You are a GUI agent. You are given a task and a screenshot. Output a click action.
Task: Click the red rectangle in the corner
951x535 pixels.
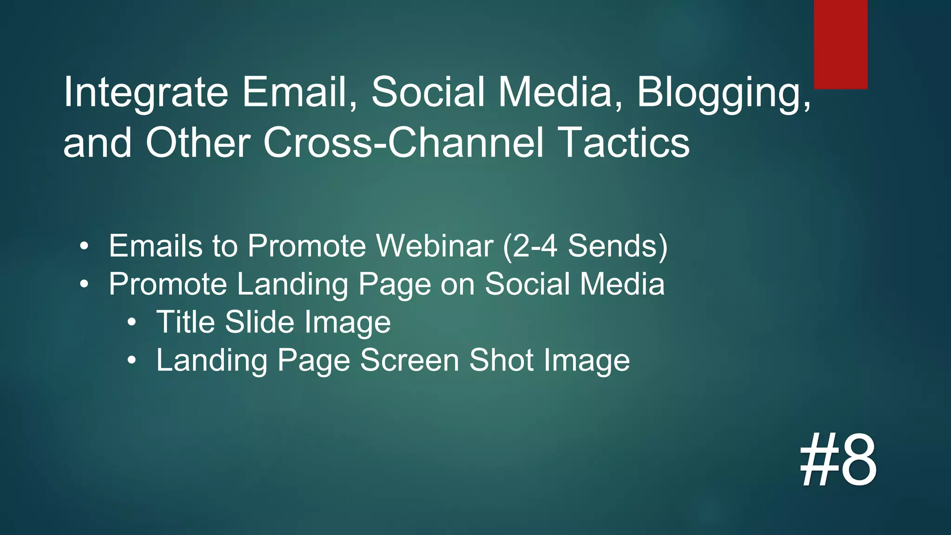point(840,44)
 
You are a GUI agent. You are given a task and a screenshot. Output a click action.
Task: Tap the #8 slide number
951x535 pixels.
point(839,459)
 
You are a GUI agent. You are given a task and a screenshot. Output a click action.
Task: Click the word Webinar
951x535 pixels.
point(435,246)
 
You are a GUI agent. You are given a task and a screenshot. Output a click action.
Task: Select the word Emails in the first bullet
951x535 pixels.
point(156,246)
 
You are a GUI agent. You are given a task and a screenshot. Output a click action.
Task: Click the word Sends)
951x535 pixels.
point(618,246)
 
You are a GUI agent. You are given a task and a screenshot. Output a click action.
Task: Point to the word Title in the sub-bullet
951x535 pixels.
point(185,322)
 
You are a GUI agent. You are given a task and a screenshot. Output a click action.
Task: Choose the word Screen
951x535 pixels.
point(410,360)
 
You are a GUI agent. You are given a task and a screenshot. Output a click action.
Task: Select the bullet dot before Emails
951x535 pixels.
point(83,247)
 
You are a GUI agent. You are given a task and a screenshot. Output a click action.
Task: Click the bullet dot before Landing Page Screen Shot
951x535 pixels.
point(132,361)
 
